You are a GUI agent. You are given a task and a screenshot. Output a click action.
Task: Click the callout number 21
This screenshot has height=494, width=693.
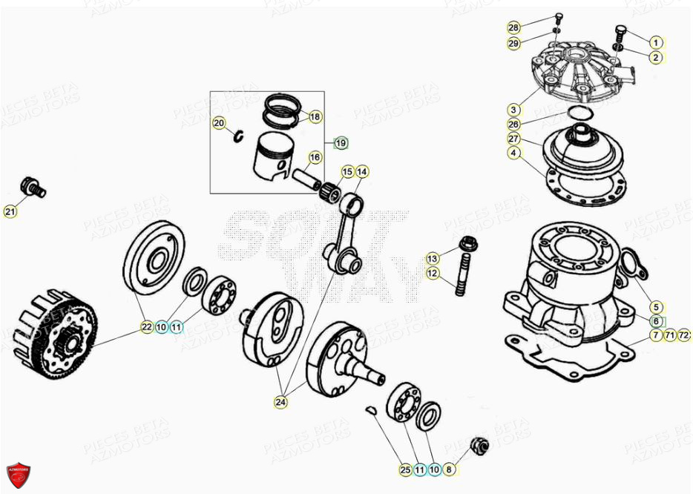click(10, 212)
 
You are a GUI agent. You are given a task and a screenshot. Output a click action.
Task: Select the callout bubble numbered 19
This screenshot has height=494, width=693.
click(340, 142)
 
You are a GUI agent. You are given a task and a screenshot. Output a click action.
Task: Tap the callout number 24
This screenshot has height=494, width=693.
click(280, 402)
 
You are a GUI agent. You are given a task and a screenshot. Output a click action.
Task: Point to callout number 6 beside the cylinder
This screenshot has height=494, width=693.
click(656, 321)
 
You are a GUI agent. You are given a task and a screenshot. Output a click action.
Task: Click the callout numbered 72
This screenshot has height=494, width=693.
click(684, 336)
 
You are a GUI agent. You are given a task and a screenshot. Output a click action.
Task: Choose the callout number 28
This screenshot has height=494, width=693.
click(513, 28)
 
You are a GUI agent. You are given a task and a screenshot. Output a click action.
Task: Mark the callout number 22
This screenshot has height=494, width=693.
click(147, 326)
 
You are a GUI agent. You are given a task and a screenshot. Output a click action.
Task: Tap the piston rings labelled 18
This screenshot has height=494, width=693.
click(281, 111)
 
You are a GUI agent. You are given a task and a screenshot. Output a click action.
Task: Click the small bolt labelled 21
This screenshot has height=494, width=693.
click(33, 187)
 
